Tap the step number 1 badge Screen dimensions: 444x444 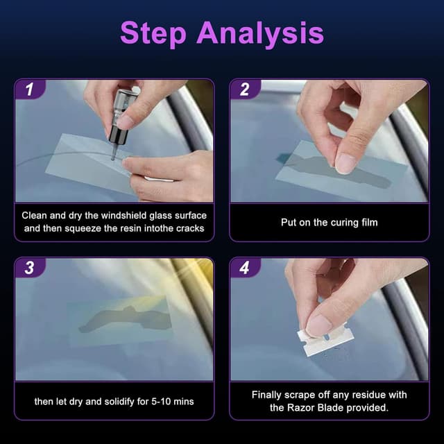29,89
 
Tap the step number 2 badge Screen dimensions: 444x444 244,89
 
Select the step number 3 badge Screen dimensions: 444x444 29,268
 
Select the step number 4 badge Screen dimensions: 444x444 244,268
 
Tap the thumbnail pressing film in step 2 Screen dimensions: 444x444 345,162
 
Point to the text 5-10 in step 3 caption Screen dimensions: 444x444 157,401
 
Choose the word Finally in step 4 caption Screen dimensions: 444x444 268,395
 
